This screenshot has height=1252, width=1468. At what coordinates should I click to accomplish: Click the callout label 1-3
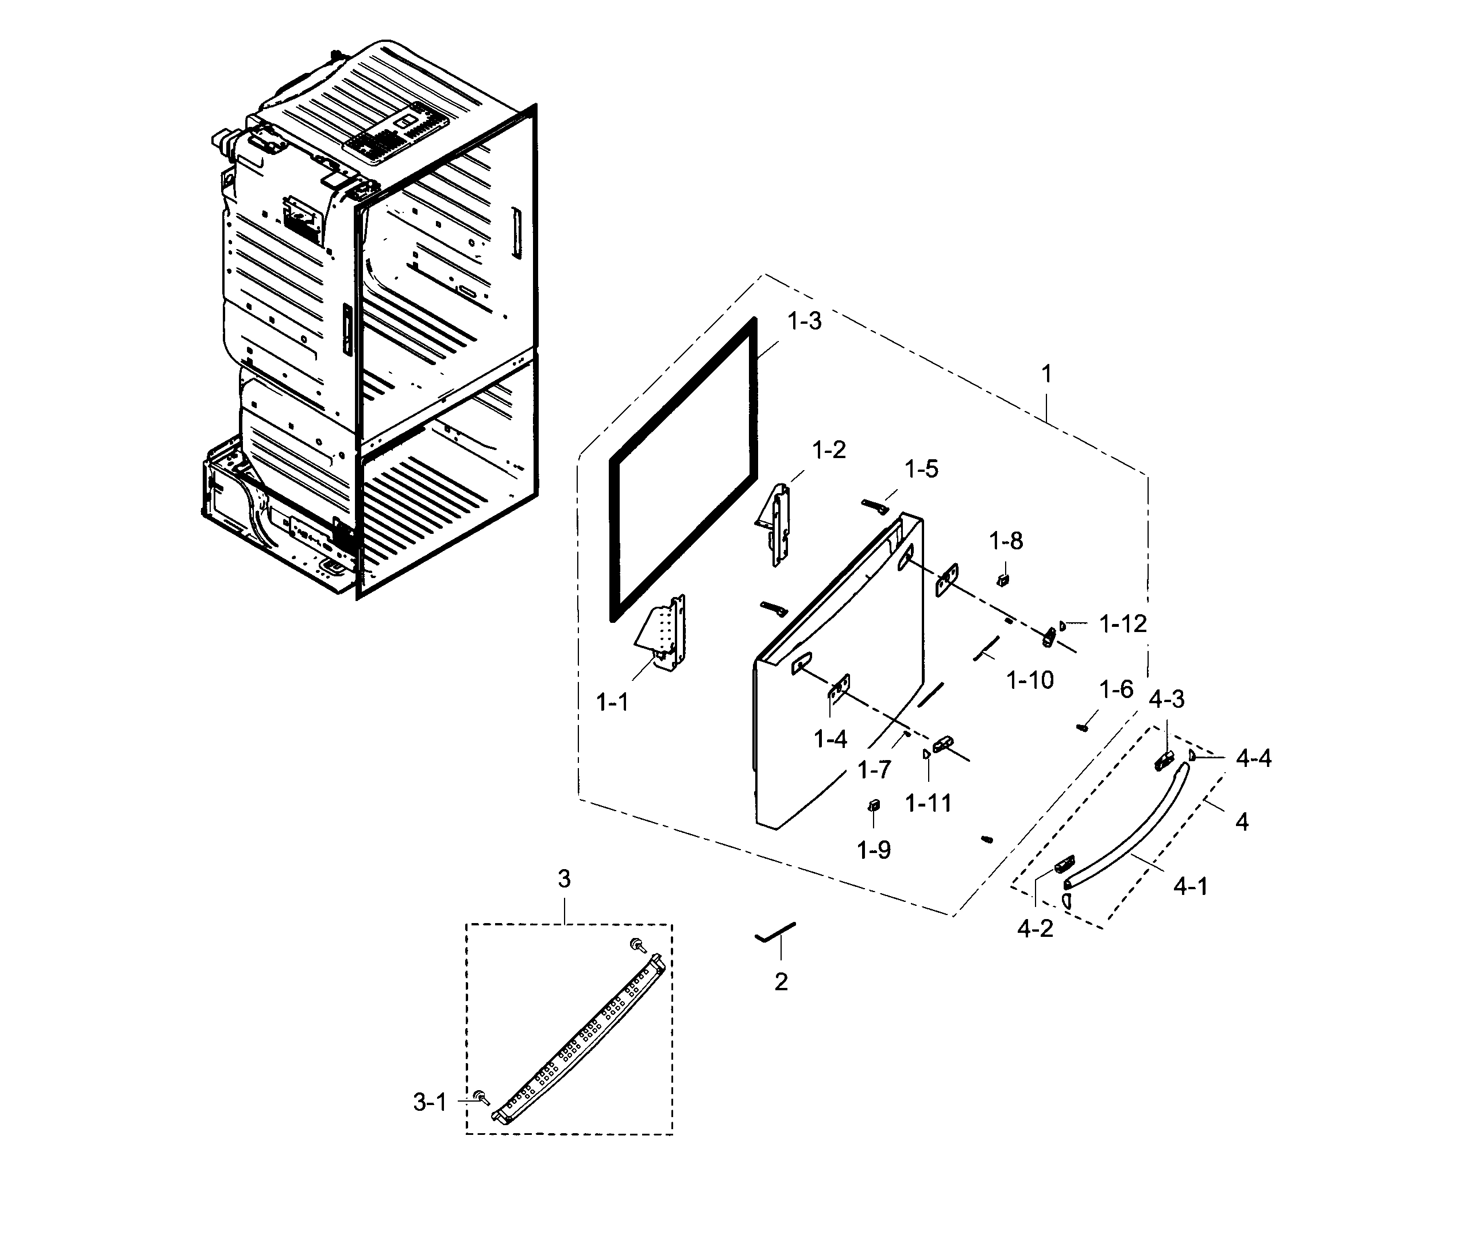[x=804, y=321]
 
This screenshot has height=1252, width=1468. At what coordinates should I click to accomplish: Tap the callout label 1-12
[x=1122, y=624]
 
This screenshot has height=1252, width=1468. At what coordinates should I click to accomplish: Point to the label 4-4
[x=1253, y=759]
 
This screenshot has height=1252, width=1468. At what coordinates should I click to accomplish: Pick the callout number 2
[x=781, y=982]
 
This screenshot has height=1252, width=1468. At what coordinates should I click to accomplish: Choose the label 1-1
[x=612, y=703]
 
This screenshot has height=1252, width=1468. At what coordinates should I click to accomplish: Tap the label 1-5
[x=921, y=469]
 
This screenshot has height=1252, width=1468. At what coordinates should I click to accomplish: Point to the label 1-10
[x=1030, y=680]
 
